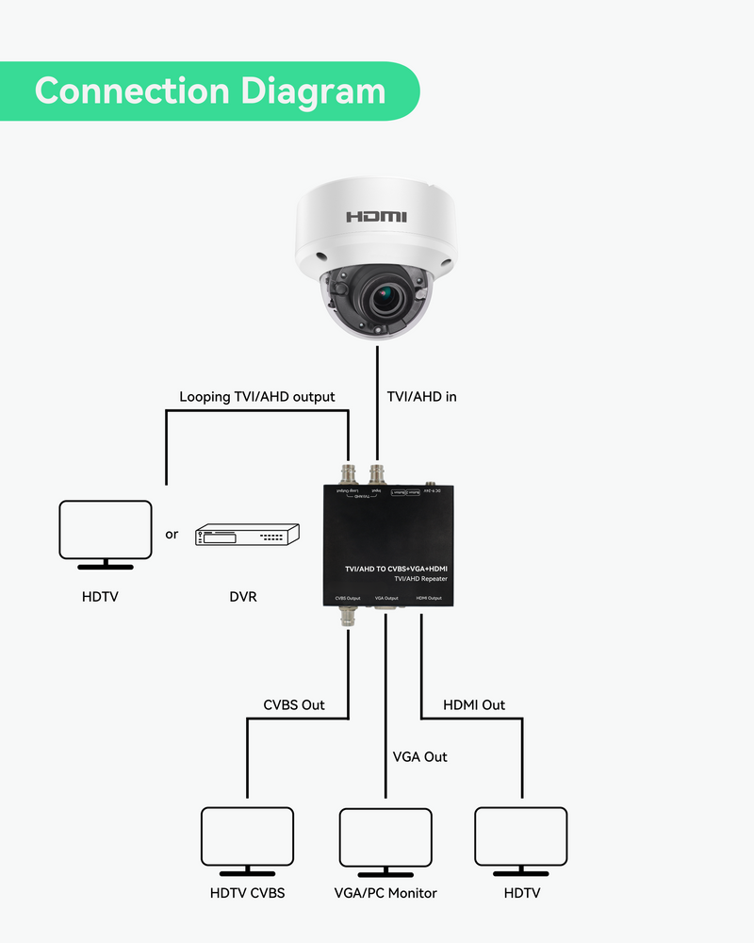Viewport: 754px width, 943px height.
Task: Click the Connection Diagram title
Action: point(209,91)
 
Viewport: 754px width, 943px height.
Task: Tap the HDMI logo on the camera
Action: point(376,217)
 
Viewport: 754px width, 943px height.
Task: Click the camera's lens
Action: point(383,300)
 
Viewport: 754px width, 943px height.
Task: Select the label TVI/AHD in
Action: point(421,397)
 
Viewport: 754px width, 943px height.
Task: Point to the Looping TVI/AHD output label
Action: point(256,397)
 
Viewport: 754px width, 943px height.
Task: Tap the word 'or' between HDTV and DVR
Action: point(172,535)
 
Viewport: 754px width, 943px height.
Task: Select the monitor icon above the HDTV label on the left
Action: point(105,532)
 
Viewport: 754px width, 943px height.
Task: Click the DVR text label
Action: point(243,597)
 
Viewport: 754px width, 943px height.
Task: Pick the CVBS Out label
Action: point(294,704)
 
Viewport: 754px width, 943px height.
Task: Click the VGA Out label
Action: point(420,756)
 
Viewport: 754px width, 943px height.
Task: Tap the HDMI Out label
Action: point(474,704)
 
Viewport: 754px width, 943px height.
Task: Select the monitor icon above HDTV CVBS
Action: point(248,838)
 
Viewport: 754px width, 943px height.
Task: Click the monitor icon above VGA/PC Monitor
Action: point(385,838)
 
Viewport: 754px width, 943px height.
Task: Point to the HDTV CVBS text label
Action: point(247,893)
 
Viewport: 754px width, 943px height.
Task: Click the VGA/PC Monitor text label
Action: point(385,893)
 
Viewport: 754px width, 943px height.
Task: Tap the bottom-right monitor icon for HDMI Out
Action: point(521,838)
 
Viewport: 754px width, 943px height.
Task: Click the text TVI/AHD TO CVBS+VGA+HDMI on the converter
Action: point(396,569)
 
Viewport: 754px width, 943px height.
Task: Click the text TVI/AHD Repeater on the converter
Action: point(421,580)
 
